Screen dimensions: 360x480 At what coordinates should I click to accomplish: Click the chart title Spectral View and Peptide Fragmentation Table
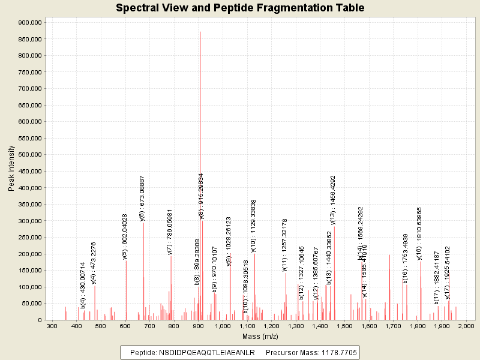click(x=240, y=8)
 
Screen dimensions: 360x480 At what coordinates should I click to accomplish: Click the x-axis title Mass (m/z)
click(x=259, y=337)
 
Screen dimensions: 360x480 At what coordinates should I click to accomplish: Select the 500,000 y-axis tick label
click(x=29, y=155)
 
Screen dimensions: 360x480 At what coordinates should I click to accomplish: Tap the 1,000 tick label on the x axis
click(x=223, y=325)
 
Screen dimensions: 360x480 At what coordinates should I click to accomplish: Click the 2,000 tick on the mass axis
click(x=466, y=325)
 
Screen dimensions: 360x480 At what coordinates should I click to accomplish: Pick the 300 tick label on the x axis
click(x=52, y=325)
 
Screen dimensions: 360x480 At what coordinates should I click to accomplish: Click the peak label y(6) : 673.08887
click(x=142, y=199)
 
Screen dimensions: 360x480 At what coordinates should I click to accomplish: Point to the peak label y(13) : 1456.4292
click(x=333, y=200)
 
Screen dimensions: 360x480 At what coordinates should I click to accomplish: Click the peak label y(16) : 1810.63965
click(x=420, y=233)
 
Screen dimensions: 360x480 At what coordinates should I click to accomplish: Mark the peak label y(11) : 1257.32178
click(x=285, y=245)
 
